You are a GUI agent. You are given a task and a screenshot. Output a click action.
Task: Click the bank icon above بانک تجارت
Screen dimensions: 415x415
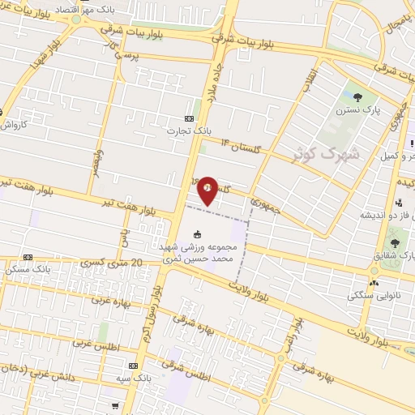pos(197,115)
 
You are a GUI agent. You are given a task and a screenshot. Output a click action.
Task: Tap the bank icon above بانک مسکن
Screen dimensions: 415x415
pos(28,256)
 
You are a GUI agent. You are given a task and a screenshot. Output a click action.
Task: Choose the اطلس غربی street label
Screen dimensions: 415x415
pos(94,343)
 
